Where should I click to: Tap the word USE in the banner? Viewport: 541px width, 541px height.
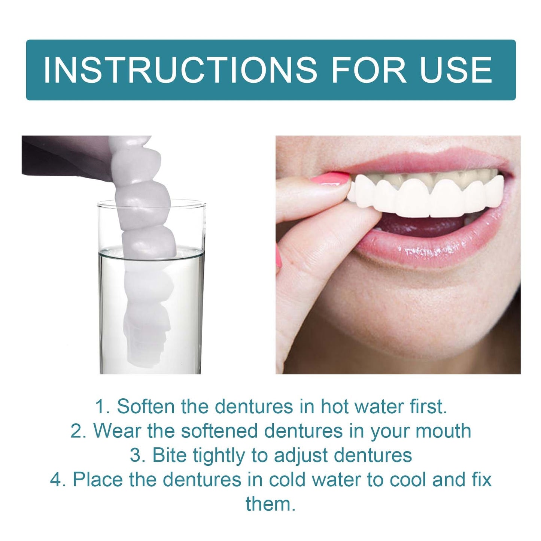[x=456, y=70]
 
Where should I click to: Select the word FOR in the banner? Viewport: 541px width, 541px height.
[x=369, y=70]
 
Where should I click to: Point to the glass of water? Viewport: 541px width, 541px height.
[x=151, y=300]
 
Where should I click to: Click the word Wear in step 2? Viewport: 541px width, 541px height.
[x=117, y=431]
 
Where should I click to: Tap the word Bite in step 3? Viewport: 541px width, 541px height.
[x=170, y=455]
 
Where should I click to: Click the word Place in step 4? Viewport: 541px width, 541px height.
[x=98, y=480]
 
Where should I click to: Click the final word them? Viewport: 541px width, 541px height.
[x=270, y=504]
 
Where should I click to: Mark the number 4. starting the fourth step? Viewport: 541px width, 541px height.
[x=58, y=480]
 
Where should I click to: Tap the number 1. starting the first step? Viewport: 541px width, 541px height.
[x=102, y=407]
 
